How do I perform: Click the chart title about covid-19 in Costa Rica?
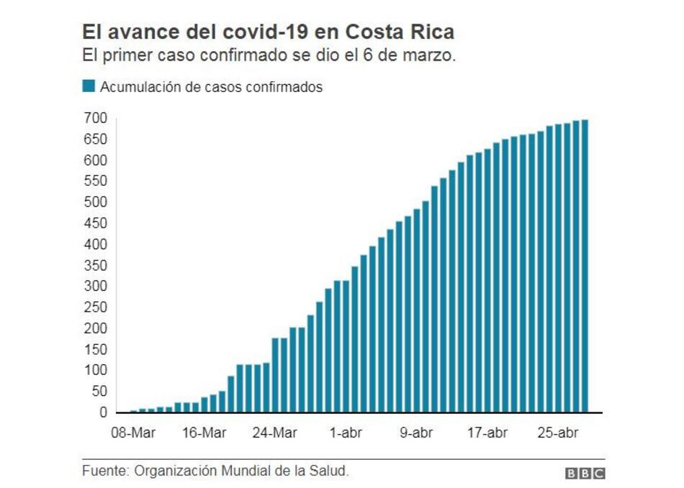coord(268,32)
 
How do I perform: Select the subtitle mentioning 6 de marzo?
coord(269,56)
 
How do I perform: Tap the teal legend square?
coord(89,87)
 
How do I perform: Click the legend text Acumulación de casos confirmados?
coord(211,87)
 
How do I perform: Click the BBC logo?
coord(585,473)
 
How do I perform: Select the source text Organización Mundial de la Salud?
coord(240,471)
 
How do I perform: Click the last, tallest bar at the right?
coord(585,266)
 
